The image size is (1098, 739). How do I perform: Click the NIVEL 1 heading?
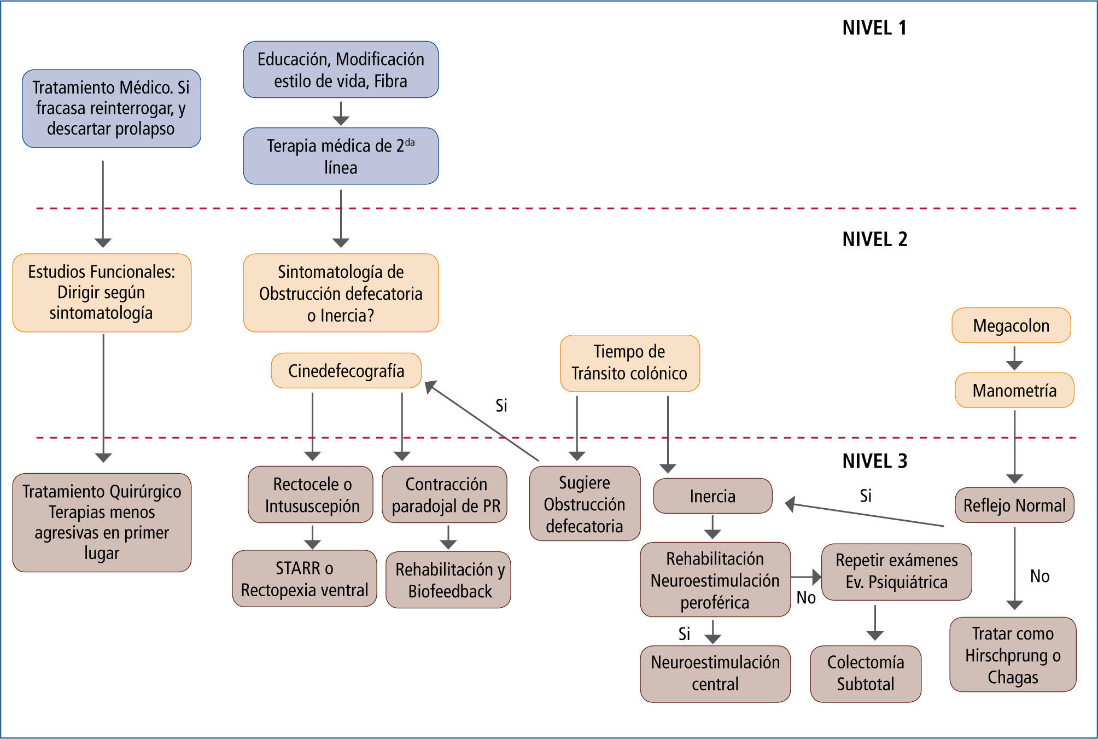pos(874,28)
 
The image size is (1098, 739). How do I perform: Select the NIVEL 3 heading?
pos(874,461)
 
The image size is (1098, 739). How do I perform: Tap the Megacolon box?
pos(1011,325)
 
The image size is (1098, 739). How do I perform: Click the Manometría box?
pos(1014,391)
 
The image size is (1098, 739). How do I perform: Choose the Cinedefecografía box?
pos(346,371)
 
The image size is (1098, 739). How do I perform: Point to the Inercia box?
pos(712,496)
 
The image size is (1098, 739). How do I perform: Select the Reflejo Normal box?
pos(1014,505)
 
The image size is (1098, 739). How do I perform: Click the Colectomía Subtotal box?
pos(866,673)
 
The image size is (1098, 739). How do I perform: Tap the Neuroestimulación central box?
pos(715,673)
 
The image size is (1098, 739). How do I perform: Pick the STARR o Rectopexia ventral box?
pos(305,579)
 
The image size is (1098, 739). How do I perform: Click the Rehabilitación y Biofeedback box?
pos(449,580)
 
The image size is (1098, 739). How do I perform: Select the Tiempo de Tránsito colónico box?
pos(629,363)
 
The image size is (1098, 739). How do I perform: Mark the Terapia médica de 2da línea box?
pos(341,156)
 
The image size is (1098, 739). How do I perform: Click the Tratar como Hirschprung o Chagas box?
pos(1013,655)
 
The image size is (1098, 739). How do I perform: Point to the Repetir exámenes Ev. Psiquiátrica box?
pos(896,572)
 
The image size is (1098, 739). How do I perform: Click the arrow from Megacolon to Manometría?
pos(1014,358)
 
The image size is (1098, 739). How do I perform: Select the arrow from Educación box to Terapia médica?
pos(341,113)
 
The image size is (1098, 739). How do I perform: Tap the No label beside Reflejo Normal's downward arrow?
pos(1039,576)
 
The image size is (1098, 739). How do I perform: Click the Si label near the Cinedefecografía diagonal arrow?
pos(501,405)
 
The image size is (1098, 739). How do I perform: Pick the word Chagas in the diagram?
pos(1013,677)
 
